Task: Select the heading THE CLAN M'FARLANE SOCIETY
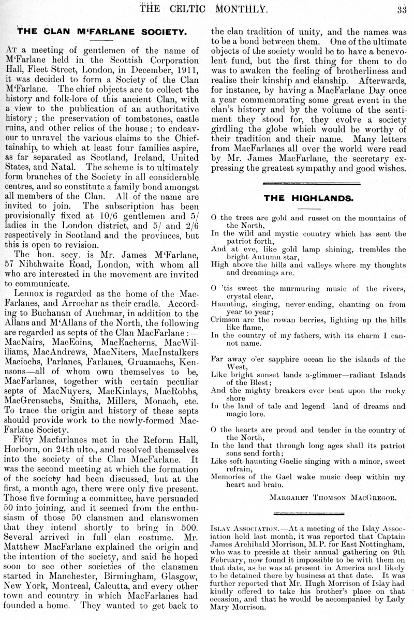click(102, 32)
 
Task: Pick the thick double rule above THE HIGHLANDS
click(308, 183)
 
